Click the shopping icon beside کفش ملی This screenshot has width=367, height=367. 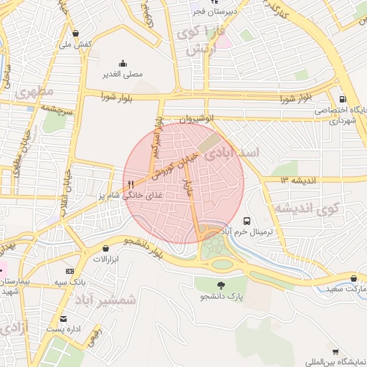coord(77,34)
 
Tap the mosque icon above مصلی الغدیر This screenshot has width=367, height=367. coord(123,63)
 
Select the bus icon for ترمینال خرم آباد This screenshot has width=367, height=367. coord(247,221)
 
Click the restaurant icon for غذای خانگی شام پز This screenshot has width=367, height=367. coord(130,185)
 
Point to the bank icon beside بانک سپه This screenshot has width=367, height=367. coord(70,271)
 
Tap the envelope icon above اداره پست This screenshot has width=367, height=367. coord(64,318)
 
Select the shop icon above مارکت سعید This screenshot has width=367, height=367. coord(353,278)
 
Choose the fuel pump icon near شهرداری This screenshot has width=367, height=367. coord(342,100)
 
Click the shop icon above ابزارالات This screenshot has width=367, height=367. coord(95,248)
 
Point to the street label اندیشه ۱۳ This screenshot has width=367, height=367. coord(298,180)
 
